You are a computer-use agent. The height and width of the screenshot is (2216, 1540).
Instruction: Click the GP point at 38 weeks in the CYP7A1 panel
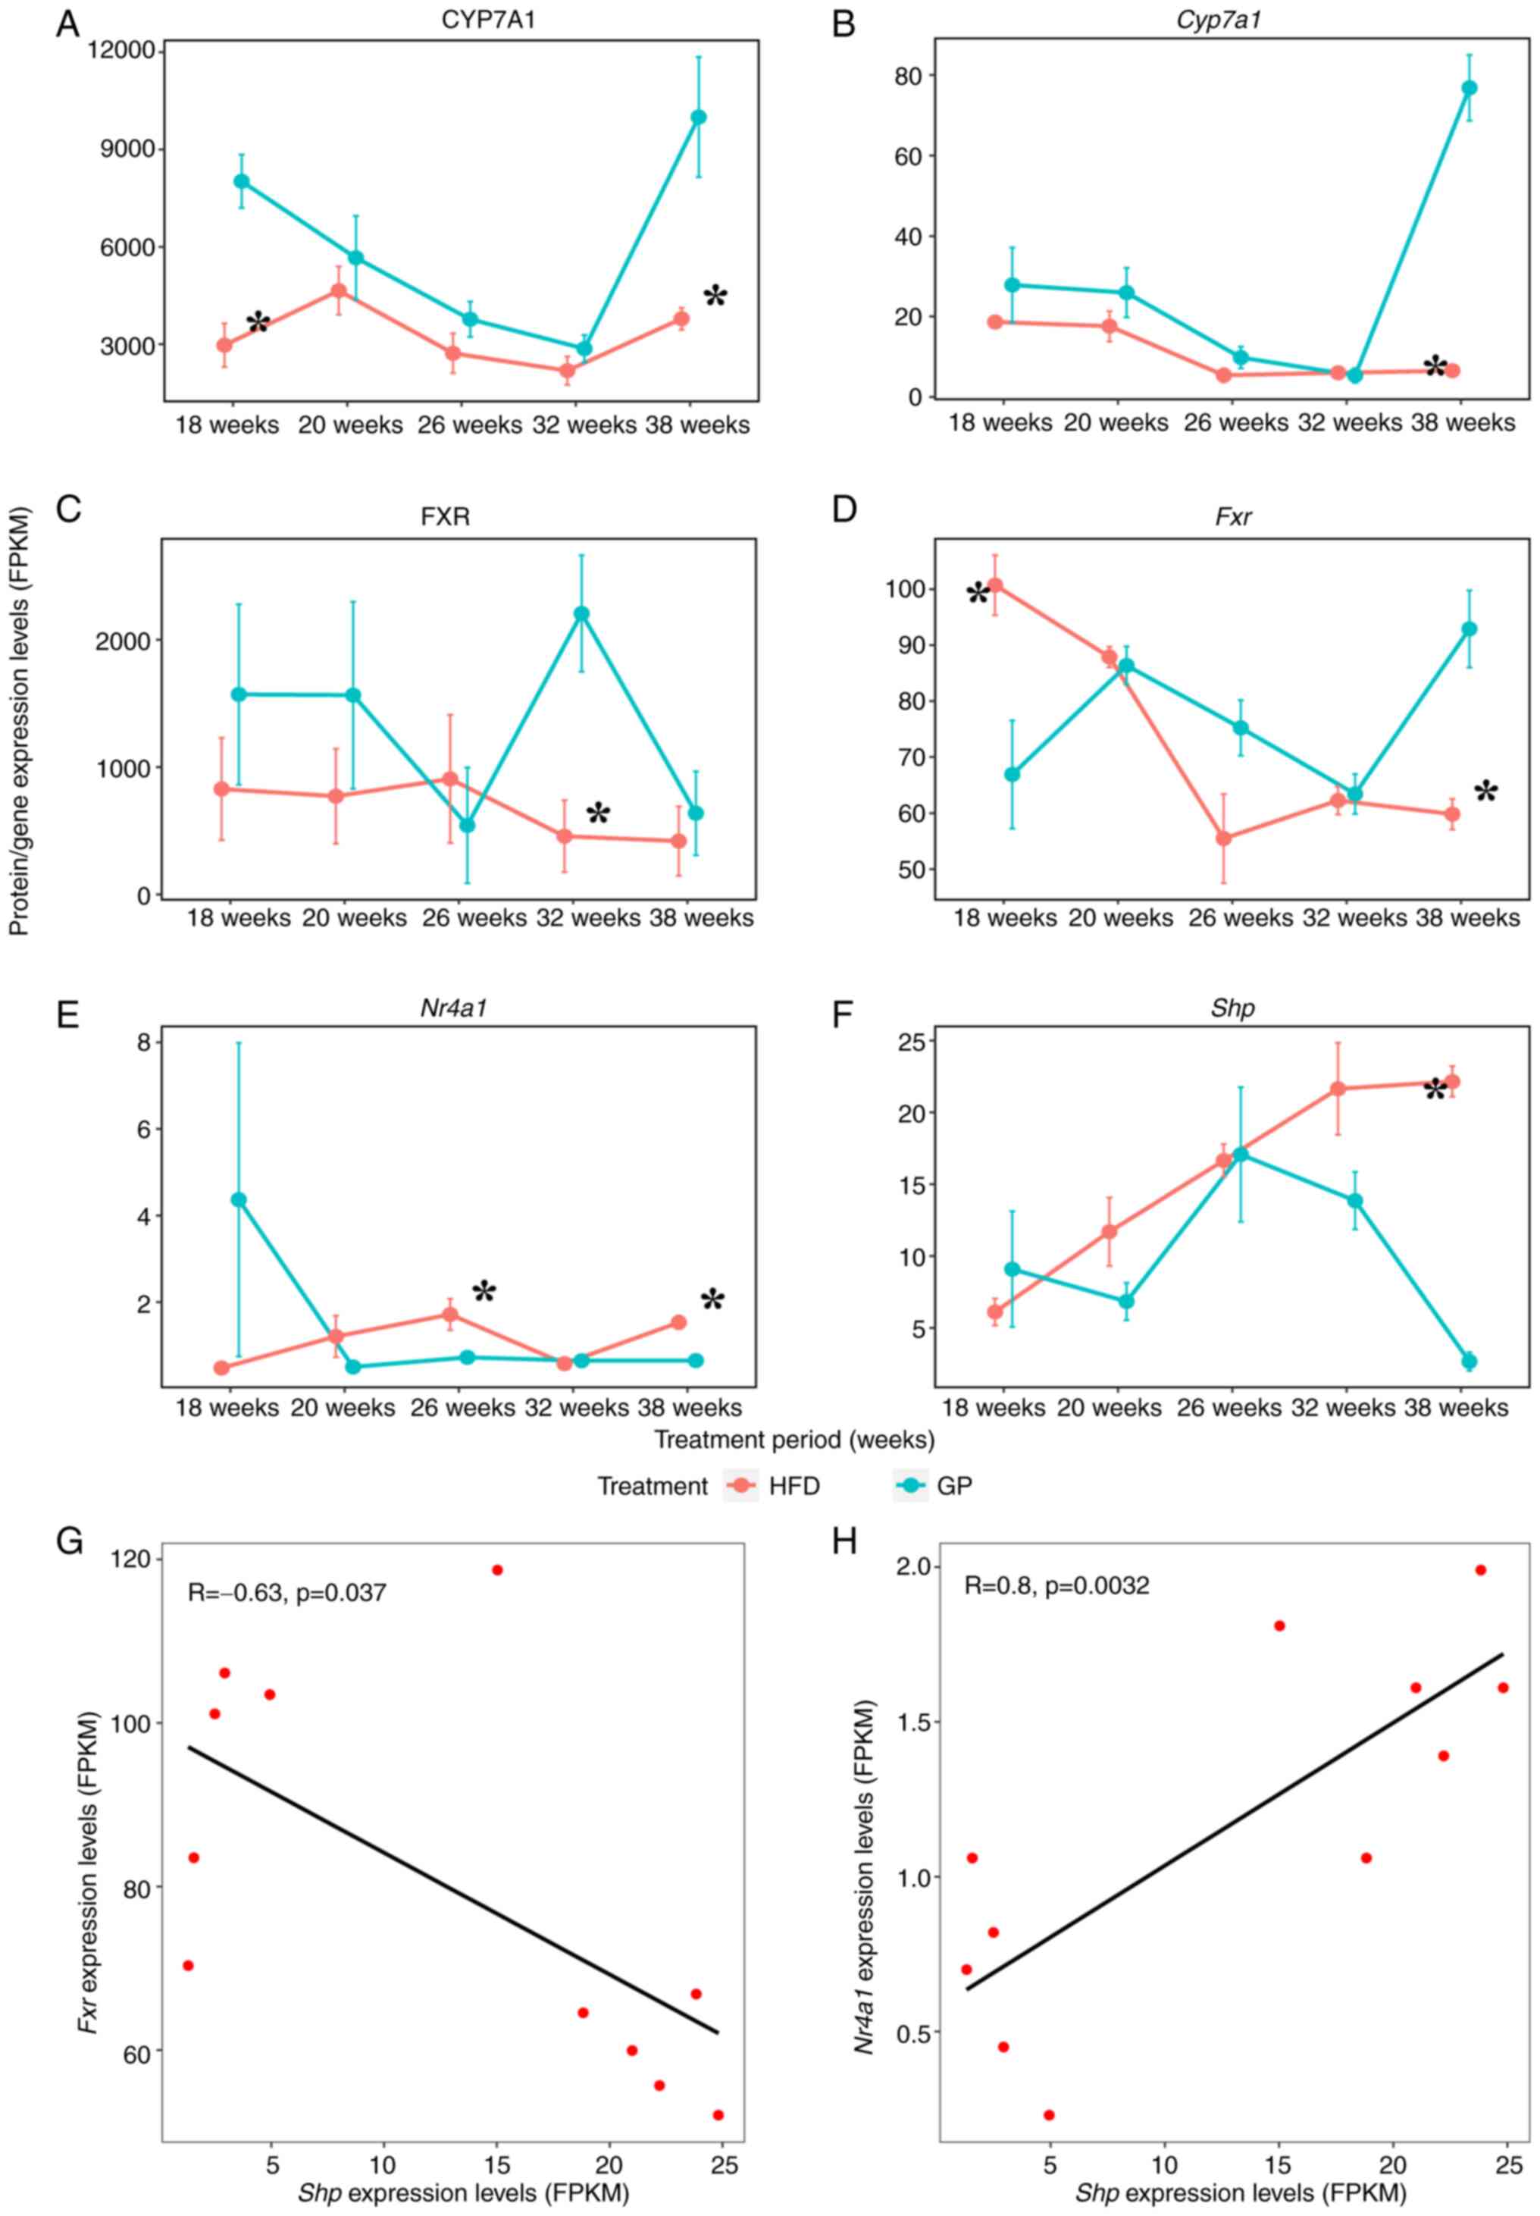pos(699,118)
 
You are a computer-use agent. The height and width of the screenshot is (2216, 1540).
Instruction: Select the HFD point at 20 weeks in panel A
pos(340,290)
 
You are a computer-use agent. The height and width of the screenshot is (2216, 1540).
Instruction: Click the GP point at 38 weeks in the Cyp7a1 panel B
pos(1470,88)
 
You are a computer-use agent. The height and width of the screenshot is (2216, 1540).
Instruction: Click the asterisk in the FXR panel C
pos(598,813)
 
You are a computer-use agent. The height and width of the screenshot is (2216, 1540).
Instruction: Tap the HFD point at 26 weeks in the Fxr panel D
pos(1223,838)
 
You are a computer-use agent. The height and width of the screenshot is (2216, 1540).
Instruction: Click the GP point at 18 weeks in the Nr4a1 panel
pos(238,1199)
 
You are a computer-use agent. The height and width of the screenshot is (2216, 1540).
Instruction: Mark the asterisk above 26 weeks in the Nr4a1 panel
pos(484,1290)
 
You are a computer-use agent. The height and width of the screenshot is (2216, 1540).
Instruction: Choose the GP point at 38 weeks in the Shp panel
pos(1470,1361)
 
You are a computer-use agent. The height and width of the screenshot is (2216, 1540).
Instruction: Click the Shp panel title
pos(1232,1008)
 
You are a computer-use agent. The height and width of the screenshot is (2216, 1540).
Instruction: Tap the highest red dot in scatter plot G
pos(498,1570)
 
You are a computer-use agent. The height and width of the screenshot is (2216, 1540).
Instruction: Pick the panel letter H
pos(844,1542)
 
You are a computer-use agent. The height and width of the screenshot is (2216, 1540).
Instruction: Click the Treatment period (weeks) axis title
pos(794,1440)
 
